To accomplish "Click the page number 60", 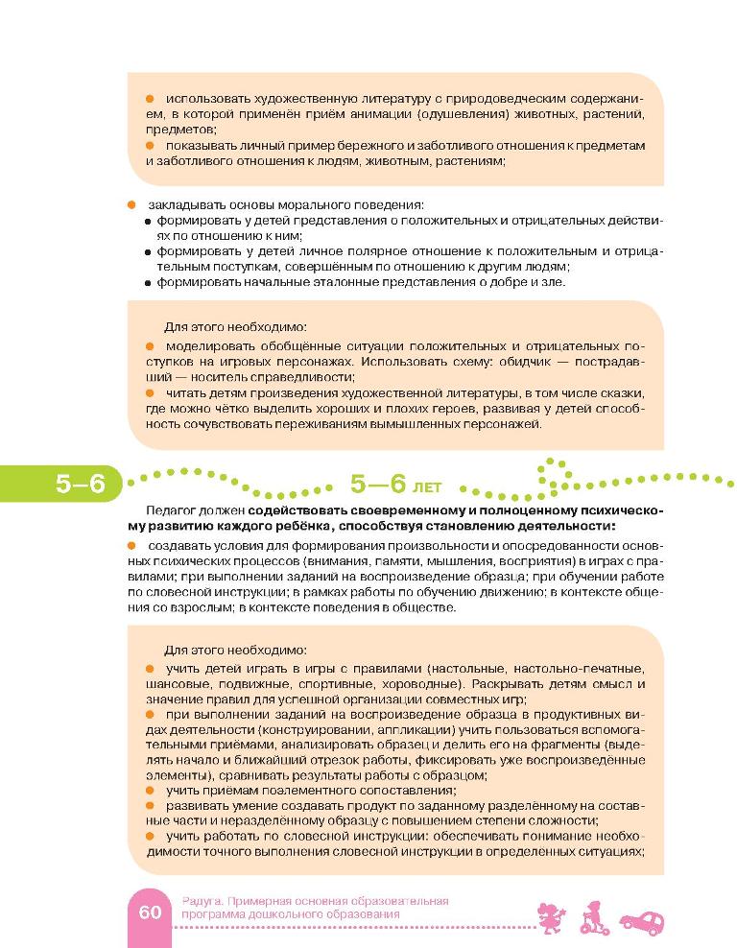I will tap(150, 912).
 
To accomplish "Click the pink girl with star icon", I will tap(553, 914).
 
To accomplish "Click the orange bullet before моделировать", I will tap(151, 344).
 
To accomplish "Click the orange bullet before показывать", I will tap(151, 145).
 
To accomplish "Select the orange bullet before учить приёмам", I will tap(151, 789).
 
